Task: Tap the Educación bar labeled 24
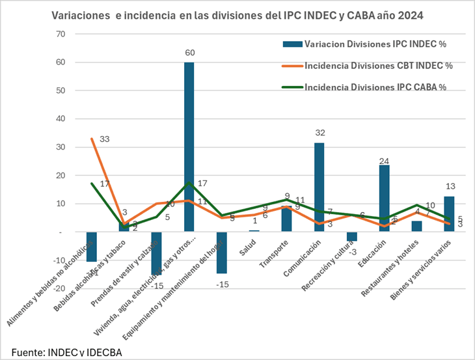click(x=384, y=199)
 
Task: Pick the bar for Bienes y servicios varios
click(x=449, y=214)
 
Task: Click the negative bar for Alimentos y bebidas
click(x=92, y=247)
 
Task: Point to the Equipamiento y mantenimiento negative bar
click(x=221, y=253)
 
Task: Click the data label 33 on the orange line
click(x=104, y=139)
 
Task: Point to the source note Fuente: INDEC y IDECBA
click(x=66, y=352)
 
